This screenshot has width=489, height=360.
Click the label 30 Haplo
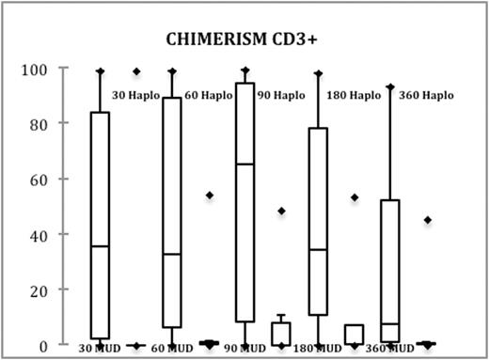click(x=135, y=95)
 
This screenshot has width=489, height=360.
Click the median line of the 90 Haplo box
click(x=244, y=164)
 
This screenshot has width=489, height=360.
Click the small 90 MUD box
click(x=280, y=334)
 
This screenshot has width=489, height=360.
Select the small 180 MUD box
click(x=354, y=335)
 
